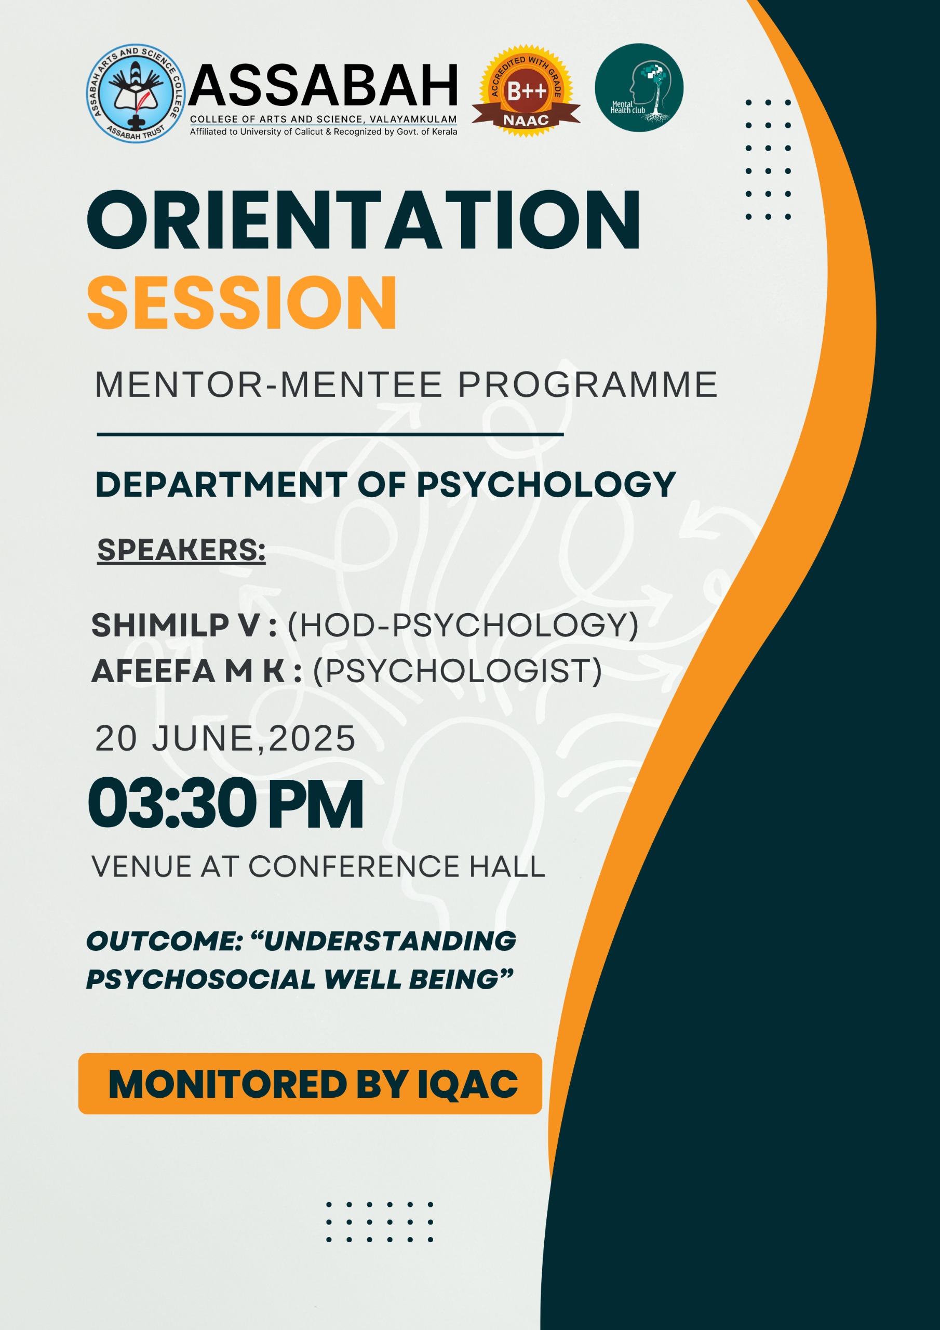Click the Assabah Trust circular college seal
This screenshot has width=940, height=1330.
coord(136,92)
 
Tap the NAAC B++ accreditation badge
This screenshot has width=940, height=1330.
coord(526,91)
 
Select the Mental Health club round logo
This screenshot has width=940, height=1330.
coord(639,87)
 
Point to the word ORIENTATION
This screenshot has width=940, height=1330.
coord(364,221)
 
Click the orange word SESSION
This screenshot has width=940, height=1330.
coord(242,302)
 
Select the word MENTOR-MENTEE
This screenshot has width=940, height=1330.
coord(268,384)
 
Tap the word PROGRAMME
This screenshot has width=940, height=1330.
coord(587,384)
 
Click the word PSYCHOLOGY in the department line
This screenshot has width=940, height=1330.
coord(546,484)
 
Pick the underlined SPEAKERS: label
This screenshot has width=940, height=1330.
coord(181,549)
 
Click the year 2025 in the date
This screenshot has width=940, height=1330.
coord(312,739)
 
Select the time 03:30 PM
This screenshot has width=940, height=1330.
coord(226,805)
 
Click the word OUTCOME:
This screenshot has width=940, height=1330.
coord(164,941)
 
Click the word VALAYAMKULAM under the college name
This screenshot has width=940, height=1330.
coord(413,119)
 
